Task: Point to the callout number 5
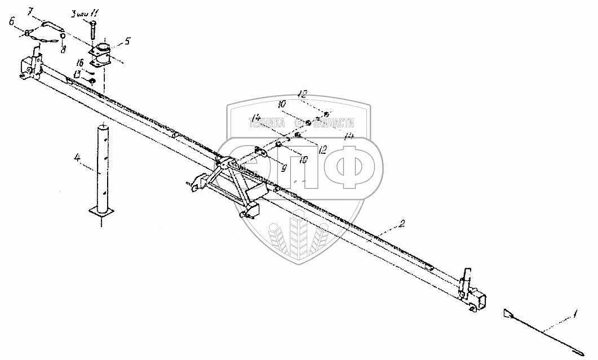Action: click(x=127, y=41)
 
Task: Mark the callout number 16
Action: click(x=81, y=63)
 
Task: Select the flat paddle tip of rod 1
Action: click(x=507, y=313)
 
